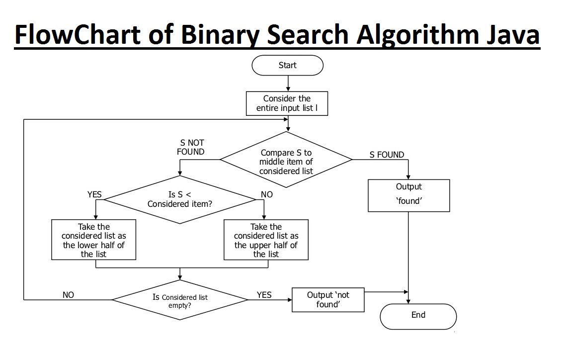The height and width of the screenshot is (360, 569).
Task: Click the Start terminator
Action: [x=287, y=65]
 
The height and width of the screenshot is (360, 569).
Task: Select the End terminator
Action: [x=418, y=316]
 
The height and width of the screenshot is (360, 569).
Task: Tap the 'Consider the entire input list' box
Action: [x=287, y=103]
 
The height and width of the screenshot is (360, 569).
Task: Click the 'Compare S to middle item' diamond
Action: [x=286, y=160]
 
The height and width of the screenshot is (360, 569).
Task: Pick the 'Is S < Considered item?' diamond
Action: [x=179, y=200]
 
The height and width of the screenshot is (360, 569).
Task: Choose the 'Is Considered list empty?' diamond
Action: [x=179, y=300]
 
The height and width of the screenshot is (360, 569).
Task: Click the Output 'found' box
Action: [x=408, y=195]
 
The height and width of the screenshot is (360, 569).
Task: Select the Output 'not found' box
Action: [x=328, y=300]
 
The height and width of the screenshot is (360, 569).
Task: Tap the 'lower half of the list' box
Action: [x=93, y=240]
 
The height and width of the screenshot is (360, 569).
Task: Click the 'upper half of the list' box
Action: [x=266, y=240]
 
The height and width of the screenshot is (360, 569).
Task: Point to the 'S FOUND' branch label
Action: [x=387, y=155]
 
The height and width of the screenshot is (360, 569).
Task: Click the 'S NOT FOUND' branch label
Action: [x=191, y=147]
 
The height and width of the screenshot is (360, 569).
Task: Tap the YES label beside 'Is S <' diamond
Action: [x=94, y=194]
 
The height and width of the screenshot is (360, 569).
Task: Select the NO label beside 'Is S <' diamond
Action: [x=267, y=194]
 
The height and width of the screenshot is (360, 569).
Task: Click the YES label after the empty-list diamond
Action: [x=264, y=295]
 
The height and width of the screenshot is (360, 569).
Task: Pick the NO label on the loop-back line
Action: [x=68, y=295]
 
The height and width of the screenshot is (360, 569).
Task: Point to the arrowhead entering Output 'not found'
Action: [x=289, y=300]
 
